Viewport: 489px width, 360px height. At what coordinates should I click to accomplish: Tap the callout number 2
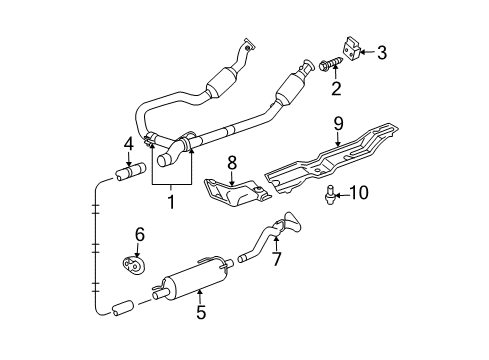336,88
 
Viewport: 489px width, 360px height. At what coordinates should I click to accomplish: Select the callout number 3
382,51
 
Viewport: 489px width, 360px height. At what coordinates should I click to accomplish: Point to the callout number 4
128,144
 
